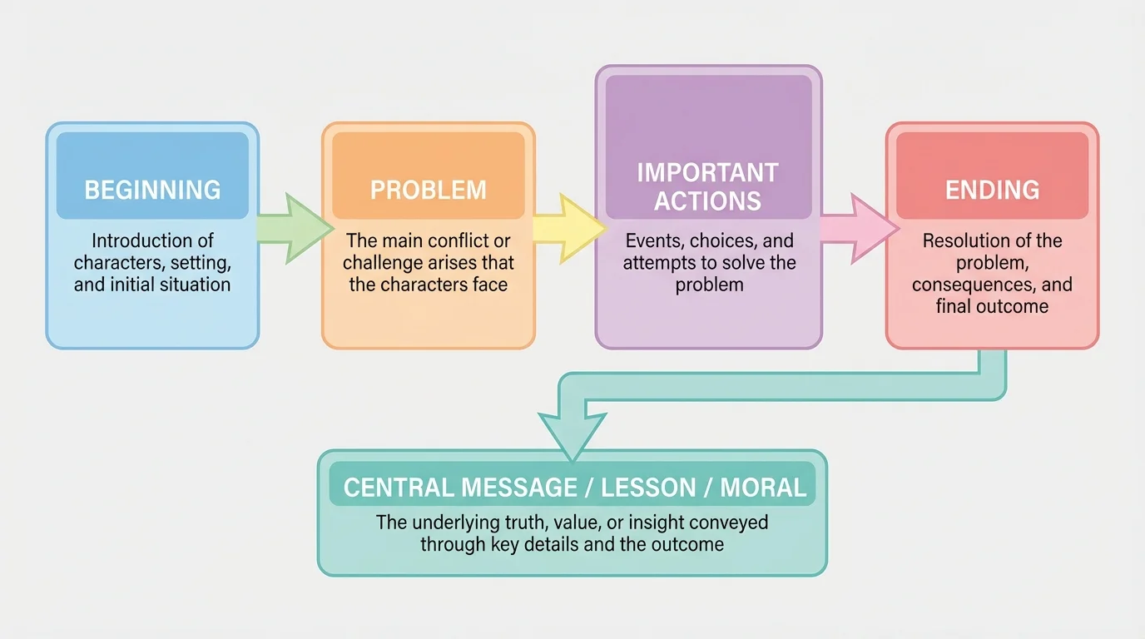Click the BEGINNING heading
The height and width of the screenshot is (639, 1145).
[x=152, y=190]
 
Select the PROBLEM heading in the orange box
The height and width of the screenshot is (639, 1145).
[x=429, y=190]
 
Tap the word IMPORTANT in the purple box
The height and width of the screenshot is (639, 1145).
[x=707, y=173]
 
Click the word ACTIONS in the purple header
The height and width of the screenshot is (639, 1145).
[x=707, y=201]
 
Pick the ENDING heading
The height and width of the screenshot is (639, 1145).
[x=992, y=190]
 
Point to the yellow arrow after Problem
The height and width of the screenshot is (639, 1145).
[x=569, y=228]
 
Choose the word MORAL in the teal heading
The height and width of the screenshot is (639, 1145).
[x=763, y=488]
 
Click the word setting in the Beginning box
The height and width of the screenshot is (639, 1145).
[x=200, y=263]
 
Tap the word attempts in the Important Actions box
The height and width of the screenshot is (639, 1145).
[x=656, y=263]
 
